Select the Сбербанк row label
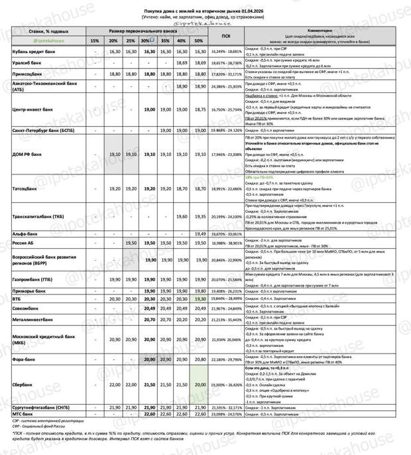[x=24, y=385]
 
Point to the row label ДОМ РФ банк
[x=27, y=154]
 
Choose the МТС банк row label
[x=23, y=414]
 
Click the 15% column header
[x=95, y=41]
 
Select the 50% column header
[x=198, y=41]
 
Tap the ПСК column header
[x=226, y=36]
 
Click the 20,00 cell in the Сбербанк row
[x=198, y=385]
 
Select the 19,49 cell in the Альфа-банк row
[x=198, y=234]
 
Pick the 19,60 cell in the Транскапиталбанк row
[x=181, y=216]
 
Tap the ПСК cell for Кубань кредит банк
[x=226, y=51]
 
